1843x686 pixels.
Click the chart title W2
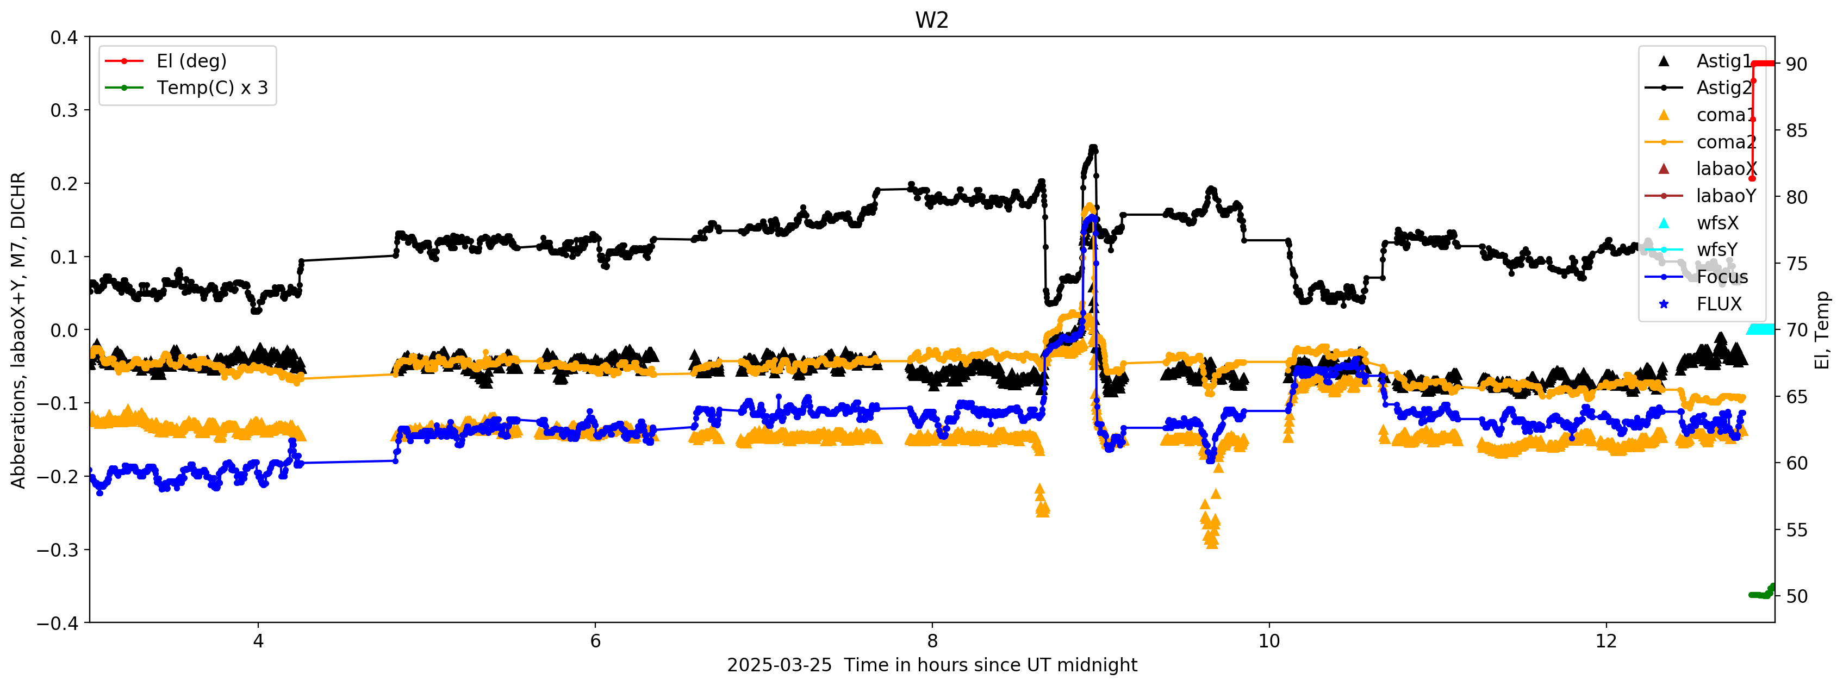931,20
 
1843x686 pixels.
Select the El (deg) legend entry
191,61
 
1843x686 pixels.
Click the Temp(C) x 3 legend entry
212,88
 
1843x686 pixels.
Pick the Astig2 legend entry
1723,88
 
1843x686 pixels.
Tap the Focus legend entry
1721,277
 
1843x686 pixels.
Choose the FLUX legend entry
1719,304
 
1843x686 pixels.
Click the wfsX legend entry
1716,223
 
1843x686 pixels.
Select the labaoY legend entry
1725,196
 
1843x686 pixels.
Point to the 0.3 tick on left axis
64,110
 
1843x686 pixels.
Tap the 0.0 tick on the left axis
64,330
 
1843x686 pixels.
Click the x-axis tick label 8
931,641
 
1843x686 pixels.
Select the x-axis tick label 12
1605,641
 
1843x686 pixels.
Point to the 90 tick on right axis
1796,64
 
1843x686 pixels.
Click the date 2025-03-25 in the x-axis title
779,665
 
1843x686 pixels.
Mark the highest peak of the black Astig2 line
1093,148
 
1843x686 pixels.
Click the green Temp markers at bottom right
1760,594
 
